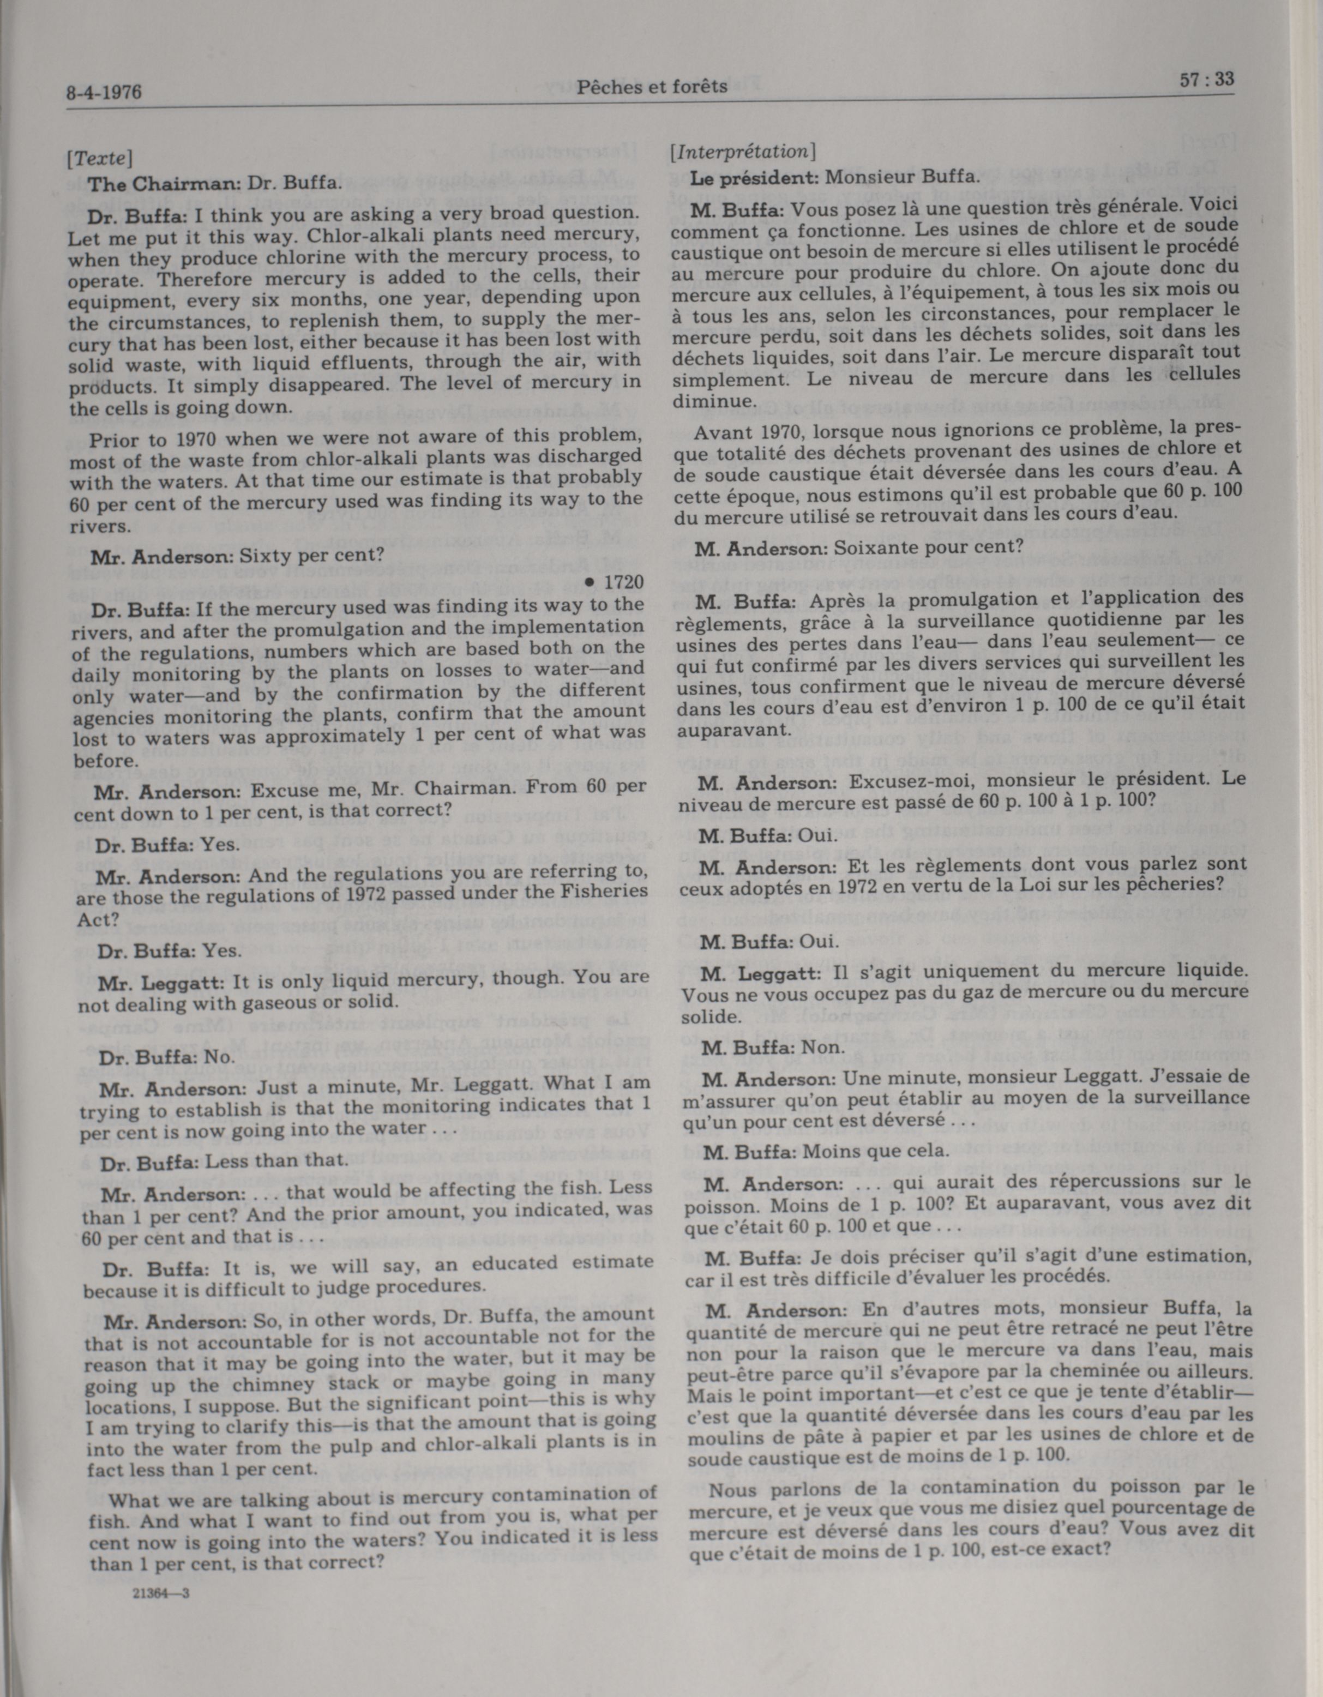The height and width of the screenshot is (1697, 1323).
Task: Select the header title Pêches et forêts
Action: [652, 86]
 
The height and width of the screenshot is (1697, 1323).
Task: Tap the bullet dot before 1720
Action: [591, 582]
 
